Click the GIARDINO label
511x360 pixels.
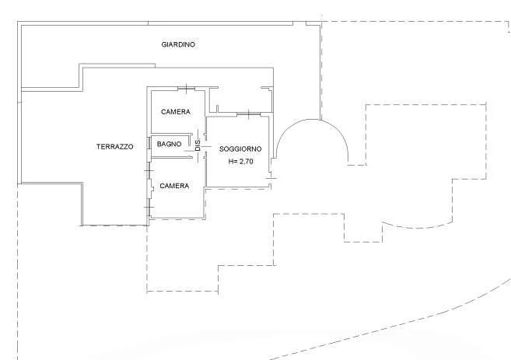click(x=178, y=44)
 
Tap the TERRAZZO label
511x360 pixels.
click(x=114, y=147)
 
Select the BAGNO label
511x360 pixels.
click(x=169, y=144)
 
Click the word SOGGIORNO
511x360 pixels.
click(x=240, y=149)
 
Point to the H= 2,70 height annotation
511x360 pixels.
click(x=241, y=161)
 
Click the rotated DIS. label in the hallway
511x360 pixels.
click(x=198, y=145)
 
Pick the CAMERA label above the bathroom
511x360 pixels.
click(x=176, y=112)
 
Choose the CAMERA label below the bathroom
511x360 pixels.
click(x=174, y=186)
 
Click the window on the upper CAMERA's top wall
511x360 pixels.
click(x=187, y=89)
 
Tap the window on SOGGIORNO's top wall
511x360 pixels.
click(x=249, y=114)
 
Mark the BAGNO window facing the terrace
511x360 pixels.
click(x=149, y=144)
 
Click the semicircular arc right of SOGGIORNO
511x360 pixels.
click(x=312, y=120)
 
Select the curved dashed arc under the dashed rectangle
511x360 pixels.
click(x=417, y=227)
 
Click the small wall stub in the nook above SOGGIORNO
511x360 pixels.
click(x=217, y=109)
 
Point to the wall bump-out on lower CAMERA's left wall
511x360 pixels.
click(x=152, y=188)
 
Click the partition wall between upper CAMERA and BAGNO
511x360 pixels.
click(x=172, y=134)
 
